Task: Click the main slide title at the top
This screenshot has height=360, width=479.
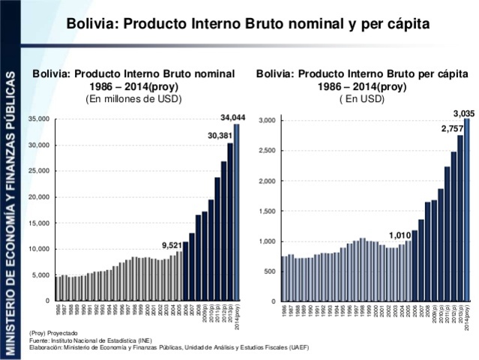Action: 248,24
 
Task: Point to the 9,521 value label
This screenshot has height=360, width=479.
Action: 172,244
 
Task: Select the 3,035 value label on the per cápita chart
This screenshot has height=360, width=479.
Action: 464,112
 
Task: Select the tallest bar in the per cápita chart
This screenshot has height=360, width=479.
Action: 466,210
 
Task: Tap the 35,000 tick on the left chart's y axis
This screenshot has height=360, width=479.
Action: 37,119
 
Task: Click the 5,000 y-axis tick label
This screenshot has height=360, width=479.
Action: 40,275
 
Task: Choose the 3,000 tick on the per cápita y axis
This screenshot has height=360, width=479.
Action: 268,121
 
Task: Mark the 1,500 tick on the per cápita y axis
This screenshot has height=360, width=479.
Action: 268,211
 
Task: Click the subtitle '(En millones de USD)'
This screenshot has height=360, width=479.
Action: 133,97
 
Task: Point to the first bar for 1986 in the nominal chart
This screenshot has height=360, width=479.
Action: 57,289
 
